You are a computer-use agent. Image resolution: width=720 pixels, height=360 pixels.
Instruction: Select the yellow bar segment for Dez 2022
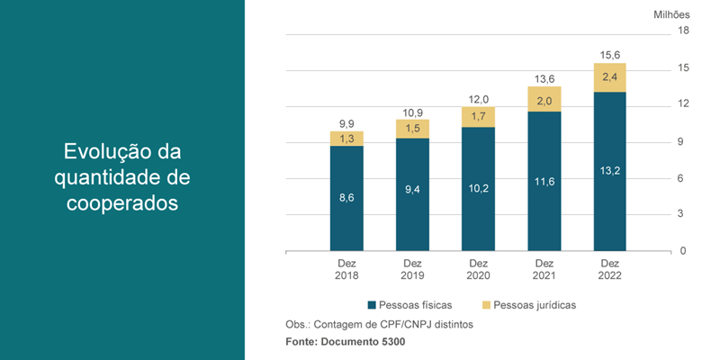[609, 77]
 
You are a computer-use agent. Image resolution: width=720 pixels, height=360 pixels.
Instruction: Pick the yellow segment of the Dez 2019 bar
[412, 129]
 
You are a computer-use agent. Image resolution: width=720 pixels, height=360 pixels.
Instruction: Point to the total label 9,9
[346, 122]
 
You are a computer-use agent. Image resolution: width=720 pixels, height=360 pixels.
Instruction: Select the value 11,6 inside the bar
[544, 183]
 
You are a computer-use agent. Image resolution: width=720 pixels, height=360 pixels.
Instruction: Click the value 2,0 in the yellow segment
[544, 100]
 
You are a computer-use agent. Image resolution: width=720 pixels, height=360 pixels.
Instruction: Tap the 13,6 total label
[544, 78]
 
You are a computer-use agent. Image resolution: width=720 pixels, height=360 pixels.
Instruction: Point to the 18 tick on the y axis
[683, 31]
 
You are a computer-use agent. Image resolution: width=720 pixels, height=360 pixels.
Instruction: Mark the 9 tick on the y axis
[682, 141]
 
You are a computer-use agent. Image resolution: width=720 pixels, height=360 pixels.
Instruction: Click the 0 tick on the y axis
[682, 251]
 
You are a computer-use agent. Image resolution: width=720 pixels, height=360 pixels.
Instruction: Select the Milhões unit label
[670, 14]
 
